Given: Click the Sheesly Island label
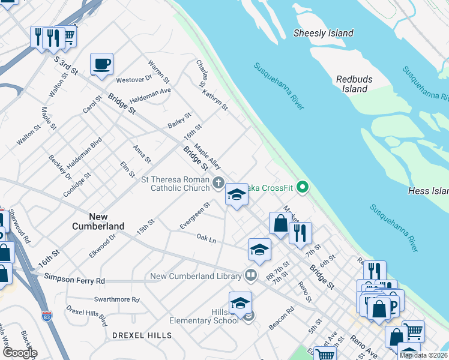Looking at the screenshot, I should (323, 33).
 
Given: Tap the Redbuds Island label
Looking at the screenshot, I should (354, 84).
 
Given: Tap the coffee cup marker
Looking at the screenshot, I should (101, 64).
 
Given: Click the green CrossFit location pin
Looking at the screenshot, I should (303, 188).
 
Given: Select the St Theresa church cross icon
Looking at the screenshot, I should (219, 181).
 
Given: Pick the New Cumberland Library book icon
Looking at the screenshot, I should (252, 276).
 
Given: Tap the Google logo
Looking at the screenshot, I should (19, 353).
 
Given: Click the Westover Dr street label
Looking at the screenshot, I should (134, 79).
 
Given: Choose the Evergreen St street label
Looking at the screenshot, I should (195, 216).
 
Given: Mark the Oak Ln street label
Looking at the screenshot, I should (206, 239).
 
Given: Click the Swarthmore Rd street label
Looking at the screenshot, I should (116, 299).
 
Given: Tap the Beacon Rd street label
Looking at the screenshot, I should (281, 318).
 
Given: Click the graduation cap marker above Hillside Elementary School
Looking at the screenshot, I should (240, 303).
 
